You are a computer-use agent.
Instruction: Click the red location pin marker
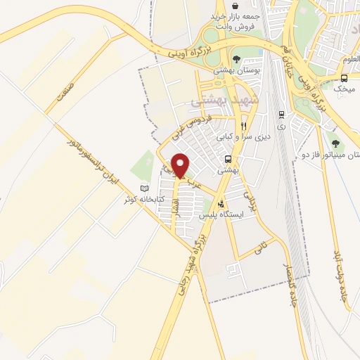[x=181, y=166]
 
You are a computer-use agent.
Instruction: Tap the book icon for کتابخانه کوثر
[x=145, y=188]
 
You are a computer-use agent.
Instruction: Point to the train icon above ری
[x=281, y=114]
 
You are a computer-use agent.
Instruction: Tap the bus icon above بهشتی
[x=228, y=159]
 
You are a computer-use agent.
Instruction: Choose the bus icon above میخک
[x=344, y=78]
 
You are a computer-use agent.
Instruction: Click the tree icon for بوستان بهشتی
[x=236, y=60]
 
